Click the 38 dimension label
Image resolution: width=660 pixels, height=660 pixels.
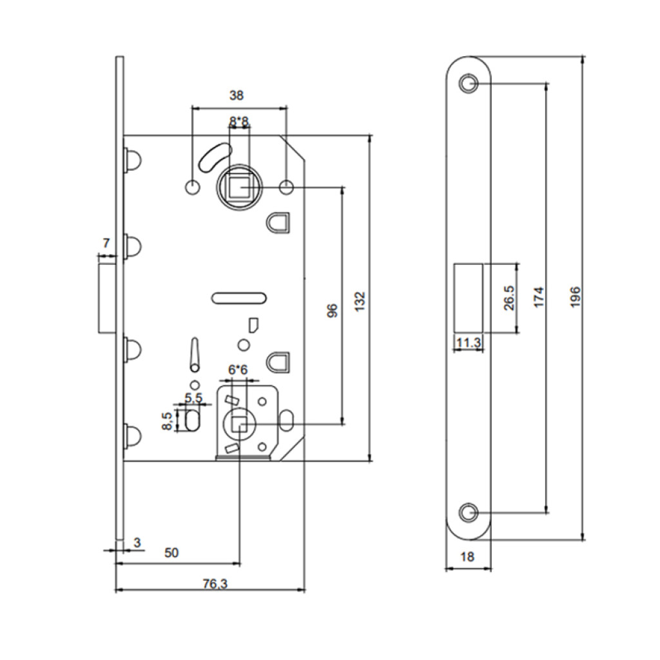point(237,95)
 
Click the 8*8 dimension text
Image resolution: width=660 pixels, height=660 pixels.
point(240,121)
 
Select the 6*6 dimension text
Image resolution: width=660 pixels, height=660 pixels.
point(237,370)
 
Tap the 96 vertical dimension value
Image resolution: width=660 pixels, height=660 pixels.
point(333,311)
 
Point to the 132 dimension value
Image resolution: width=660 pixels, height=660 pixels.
point(360,300)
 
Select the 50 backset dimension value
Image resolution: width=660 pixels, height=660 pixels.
point(171,552)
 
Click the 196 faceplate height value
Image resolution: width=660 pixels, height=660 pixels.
point(576,296)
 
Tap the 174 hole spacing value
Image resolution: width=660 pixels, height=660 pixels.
point(539,296)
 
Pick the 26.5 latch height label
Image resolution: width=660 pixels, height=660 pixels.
point(509,297)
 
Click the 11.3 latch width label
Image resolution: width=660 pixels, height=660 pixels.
point(469,344)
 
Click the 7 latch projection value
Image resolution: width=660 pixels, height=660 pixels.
point(106,243)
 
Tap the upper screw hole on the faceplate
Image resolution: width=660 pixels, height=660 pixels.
point(469,83)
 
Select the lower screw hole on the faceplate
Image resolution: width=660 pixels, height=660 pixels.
point(469,513)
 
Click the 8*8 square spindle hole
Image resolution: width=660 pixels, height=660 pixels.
point(240,187)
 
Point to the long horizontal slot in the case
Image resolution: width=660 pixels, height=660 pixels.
point(239,297)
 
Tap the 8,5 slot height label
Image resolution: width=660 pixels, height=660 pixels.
point(166,421)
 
